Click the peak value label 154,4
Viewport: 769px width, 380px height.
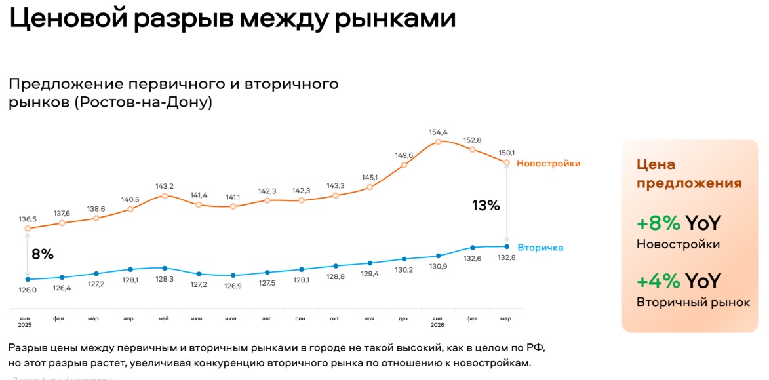439,132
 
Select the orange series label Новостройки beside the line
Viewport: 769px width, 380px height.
548,163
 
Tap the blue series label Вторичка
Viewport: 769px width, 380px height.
540,248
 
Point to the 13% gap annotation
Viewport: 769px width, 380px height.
486,205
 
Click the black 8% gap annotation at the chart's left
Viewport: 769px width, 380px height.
43,254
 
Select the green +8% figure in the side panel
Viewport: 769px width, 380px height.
659,223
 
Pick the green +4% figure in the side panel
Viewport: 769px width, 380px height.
659,281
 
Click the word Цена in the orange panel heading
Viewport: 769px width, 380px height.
656,164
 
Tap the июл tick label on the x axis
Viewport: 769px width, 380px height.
231,319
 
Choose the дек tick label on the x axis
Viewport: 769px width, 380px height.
404,319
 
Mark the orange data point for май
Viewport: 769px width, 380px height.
165,195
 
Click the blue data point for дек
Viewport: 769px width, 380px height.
404,259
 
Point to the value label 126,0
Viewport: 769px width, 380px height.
27,290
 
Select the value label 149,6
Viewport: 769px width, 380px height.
404,155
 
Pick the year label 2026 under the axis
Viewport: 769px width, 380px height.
438,325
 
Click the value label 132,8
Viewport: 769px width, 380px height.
506,257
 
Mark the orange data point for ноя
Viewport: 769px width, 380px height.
370,187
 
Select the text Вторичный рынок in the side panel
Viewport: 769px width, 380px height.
693,302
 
